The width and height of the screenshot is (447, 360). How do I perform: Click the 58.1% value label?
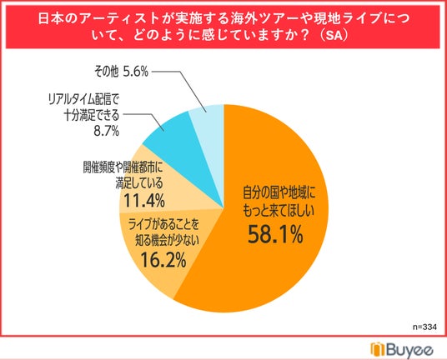click(275, 234)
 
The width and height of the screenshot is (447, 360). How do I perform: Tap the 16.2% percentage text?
click(163, 260)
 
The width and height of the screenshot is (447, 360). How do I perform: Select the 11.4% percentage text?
click(144, 201)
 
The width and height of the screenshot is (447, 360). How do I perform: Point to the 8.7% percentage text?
click(107, 132)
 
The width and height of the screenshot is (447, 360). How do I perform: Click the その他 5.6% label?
click(121, 72)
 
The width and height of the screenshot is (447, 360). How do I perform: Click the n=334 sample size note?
click(424, 327)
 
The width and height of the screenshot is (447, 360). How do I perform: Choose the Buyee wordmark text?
click(410, 349)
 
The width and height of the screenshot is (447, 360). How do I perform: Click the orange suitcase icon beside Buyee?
click(378, 348)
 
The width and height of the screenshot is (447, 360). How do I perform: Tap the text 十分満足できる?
click(91, 115)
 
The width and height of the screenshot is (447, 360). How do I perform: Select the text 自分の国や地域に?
click(279, 193)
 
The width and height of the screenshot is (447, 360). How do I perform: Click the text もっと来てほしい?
click(279, 211)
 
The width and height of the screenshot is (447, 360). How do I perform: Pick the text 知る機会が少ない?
click(167, 242)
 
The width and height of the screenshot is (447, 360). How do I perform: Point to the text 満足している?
click(139, 183)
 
